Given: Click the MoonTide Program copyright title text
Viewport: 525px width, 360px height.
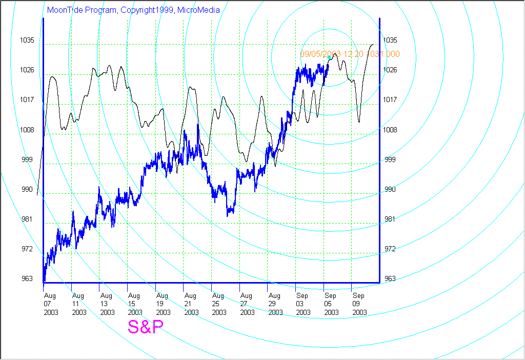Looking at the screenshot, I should (133, 10).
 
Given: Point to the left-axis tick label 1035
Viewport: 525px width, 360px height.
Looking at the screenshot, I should (27, 40).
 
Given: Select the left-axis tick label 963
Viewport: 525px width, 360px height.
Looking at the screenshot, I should (27, 279).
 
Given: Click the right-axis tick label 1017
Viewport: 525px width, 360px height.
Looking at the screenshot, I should (391, 99).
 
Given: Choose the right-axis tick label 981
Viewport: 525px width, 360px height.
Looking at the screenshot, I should (391, 219).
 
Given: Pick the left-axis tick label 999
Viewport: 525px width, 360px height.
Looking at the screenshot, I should (27, 159).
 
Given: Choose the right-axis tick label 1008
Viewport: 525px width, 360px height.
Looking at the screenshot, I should (391, 130).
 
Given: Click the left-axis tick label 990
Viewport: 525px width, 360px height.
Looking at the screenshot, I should (27, 190).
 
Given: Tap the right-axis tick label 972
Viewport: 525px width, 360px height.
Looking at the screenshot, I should (391, 249).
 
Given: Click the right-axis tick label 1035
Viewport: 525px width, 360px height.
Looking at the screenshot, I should (391, 40).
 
